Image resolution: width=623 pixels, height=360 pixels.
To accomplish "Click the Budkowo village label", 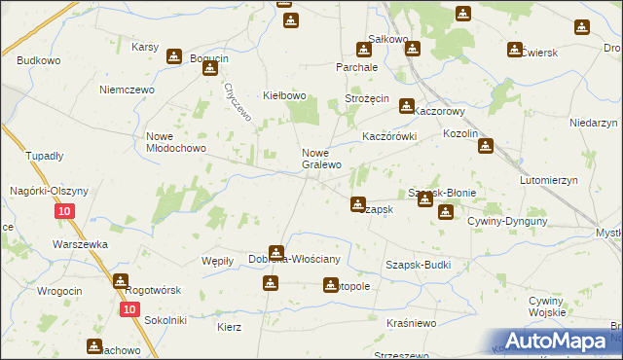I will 39,60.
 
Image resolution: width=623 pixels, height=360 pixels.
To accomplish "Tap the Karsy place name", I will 145,46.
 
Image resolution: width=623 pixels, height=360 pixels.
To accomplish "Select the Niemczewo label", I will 122,89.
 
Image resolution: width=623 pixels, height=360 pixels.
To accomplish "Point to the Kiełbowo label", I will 285,95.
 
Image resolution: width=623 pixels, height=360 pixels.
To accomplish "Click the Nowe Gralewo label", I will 321,159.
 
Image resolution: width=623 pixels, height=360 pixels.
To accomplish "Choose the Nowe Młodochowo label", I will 176,142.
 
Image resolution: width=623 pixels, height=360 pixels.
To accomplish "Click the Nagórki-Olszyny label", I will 50,191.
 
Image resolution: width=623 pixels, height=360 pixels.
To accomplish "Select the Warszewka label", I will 80,244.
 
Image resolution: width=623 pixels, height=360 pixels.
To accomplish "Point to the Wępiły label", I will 216,260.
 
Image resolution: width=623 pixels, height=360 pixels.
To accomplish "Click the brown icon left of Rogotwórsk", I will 120,281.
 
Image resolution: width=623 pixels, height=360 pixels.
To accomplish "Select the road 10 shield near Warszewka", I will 63,212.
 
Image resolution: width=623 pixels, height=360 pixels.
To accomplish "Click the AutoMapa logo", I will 555,341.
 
